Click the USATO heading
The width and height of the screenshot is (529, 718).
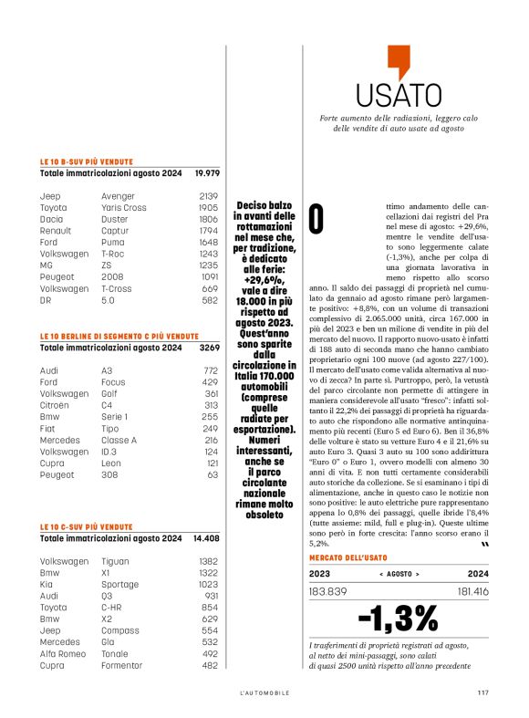click(x=392, y=95)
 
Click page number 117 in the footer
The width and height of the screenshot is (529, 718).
click(x=482, y=692)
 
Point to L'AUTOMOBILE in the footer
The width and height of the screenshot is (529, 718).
click(x=259, y=692)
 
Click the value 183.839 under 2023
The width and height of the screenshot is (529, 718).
click(x=328, y=591)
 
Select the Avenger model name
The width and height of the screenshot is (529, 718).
click(x=117, y=195)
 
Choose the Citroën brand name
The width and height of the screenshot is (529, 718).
click(x=56, y=405)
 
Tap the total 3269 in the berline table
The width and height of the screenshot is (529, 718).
click(x=209, y=347)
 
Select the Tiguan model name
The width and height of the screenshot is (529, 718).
click(x=116, y=560)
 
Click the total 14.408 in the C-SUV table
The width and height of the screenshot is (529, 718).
click(x=205, y=538)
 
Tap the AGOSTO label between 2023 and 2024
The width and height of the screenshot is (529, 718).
click(x=399, y=574)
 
